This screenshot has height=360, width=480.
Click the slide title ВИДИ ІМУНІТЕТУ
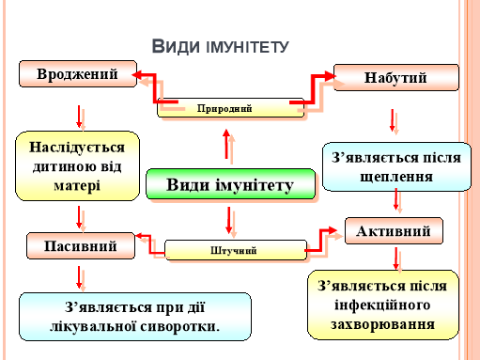pyautogui.click(x=219, y=47)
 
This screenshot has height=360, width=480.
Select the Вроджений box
pyautogui.click(x=75, y=75)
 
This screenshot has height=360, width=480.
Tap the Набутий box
pyautogui.click(x=395, y=77)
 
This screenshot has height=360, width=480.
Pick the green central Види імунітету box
pyautogui.click(x=229, y=184)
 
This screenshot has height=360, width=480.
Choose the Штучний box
pyautogui.click(x=235, y=250)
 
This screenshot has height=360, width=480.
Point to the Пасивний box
pyautogui.click(x=80, y=246)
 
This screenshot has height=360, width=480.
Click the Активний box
pyautogui.click(x=394, y=230)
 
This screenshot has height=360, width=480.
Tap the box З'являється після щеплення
pyautogui.click(x=395, y=166)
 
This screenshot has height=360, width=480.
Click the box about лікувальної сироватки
pyautogui.click(x=135, y=316)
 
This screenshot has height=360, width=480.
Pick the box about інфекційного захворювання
pyautogui.click(x=382, y=305)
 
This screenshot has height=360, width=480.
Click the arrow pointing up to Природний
pyautogui.click(x=225, y=145)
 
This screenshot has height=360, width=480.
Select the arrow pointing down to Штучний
pyautogui.click(x=229, y=220)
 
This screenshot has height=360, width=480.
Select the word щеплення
pyautogui.click(x=395, y=176)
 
